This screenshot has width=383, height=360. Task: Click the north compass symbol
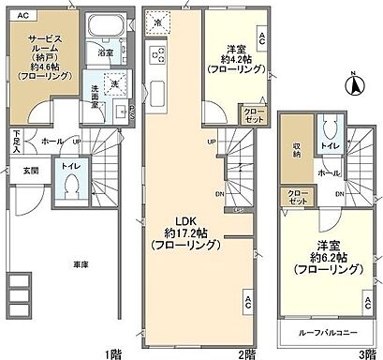click(x=354, y=87)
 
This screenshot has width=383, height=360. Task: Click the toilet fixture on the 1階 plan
click(x=72, y=187)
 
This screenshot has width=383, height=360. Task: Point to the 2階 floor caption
click(x=247, y=352)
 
